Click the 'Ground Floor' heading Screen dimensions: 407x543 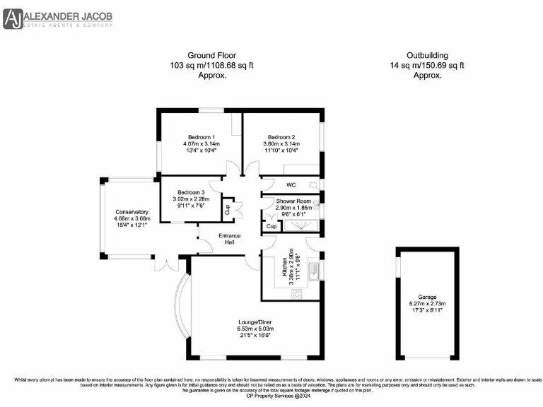[211, 55]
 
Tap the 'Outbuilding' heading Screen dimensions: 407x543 [427, 55]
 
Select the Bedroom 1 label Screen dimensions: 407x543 [202, 136]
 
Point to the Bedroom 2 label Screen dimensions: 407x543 [281, 136]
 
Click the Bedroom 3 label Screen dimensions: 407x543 [191, 192]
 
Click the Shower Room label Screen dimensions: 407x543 [293, 201]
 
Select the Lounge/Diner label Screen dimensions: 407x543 [255, 322]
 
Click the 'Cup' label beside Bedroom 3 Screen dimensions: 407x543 [228, 208]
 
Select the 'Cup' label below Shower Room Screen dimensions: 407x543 [271, 227]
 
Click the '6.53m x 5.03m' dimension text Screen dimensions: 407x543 [255, 329]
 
